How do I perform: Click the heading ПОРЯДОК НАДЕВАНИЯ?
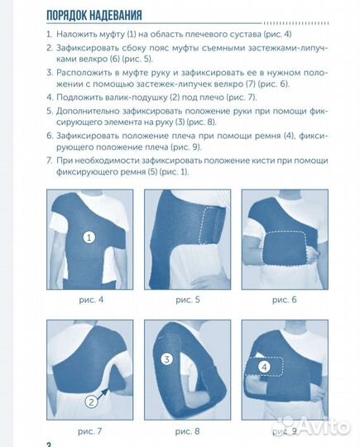94,14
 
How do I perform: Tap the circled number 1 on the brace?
89,236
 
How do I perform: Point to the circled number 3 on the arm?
167,359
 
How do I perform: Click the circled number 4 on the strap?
264,365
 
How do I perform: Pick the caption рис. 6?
281,299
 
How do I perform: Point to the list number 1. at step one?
49,35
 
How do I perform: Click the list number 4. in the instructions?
49,97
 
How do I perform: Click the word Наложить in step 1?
79,35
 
